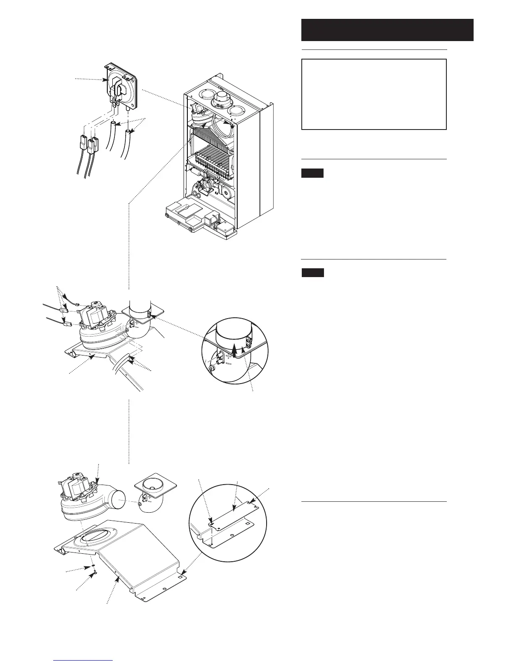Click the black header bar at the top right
pyautogui.click(x=387, y=30)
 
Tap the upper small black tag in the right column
pyautogui.click(x=312, y=173)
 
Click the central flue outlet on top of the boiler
pyautogui.click(x=221, y=101)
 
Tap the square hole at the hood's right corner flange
pyautogui.click(x=180, y=577)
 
